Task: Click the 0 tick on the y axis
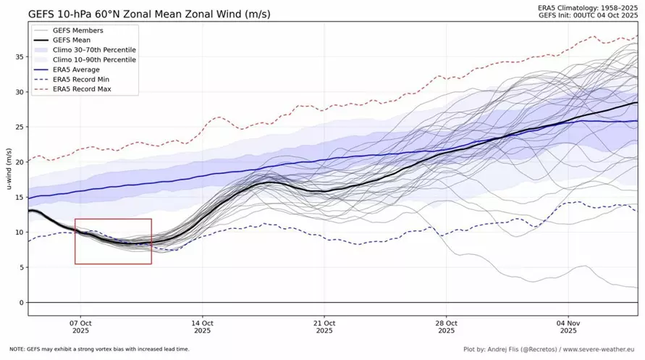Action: [x=21, y=302]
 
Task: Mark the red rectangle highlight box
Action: [x=113, y=219]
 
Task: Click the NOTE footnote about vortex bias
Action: [x=100, y=349]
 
